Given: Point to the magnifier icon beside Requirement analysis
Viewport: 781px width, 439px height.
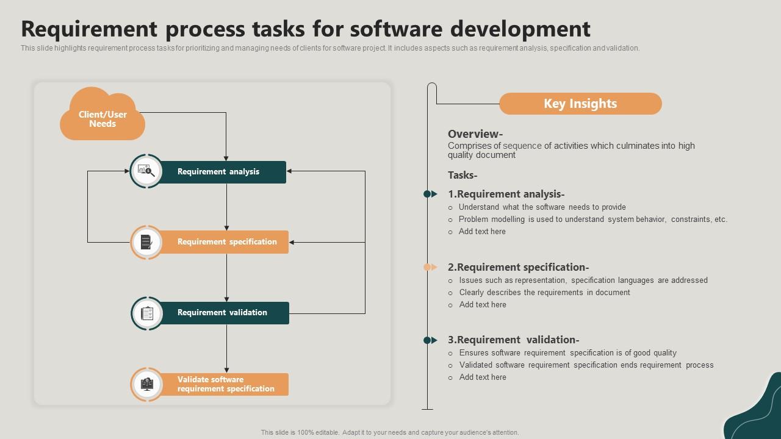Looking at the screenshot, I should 146,171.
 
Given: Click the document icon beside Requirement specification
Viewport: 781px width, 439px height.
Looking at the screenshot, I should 146,242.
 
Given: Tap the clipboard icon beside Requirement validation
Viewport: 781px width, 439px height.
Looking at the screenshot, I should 147,313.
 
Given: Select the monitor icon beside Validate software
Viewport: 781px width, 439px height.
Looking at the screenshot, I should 147,384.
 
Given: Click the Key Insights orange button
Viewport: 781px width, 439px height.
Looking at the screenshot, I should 580,104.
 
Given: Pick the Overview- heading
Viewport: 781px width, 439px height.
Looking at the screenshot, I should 475,134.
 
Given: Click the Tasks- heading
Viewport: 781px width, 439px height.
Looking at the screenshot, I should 462,176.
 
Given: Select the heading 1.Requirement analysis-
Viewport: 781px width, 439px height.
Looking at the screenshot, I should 506,195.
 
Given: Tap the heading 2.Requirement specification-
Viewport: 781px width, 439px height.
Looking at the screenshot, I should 518,267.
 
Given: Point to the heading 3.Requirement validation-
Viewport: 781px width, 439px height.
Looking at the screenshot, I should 513,340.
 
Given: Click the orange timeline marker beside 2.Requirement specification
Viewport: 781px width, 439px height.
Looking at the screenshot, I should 430,267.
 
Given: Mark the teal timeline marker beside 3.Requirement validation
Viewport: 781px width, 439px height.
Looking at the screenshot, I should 430,340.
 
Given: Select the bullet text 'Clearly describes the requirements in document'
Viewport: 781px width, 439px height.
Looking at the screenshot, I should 544,293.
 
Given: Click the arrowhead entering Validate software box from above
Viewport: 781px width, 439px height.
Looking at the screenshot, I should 226,369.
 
